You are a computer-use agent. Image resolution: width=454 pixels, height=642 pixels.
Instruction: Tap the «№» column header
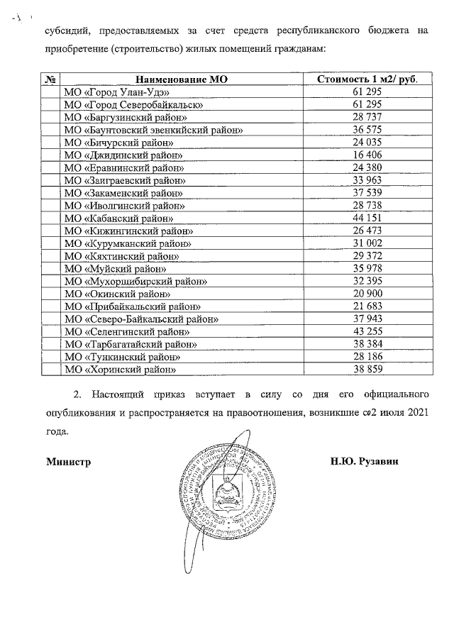click(50, 79)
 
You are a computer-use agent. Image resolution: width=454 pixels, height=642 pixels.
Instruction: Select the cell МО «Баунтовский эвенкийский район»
click(154, 130)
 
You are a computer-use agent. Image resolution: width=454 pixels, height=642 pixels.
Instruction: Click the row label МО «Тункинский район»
click(121, 357)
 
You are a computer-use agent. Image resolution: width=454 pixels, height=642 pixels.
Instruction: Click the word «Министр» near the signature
click(69, 461)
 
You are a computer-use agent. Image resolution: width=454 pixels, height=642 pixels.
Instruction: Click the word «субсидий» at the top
click(66, 31)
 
